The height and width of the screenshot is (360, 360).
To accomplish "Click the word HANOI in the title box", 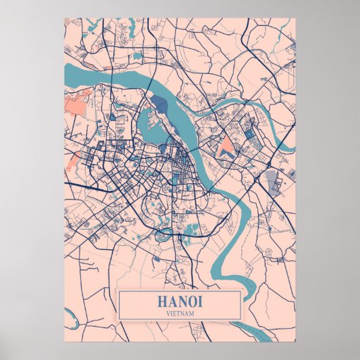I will tap(179, 301).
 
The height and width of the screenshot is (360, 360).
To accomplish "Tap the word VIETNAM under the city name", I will tap(179, 313).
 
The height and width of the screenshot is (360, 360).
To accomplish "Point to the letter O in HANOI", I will tap(190, 301).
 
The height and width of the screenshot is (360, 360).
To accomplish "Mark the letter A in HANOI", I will tap(172, 301).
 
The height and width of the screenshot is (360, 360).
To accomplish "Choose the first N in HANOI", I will tap(181, 301).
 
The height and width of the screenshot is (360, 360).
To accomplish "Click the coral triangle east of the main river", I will tap(227, 146).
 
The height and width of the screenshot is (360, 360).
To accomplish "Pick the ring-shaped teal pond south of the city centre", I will tap(164, 236).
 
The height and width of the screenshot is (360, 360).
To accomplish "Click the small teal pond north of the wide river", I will tap(139, 56).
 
